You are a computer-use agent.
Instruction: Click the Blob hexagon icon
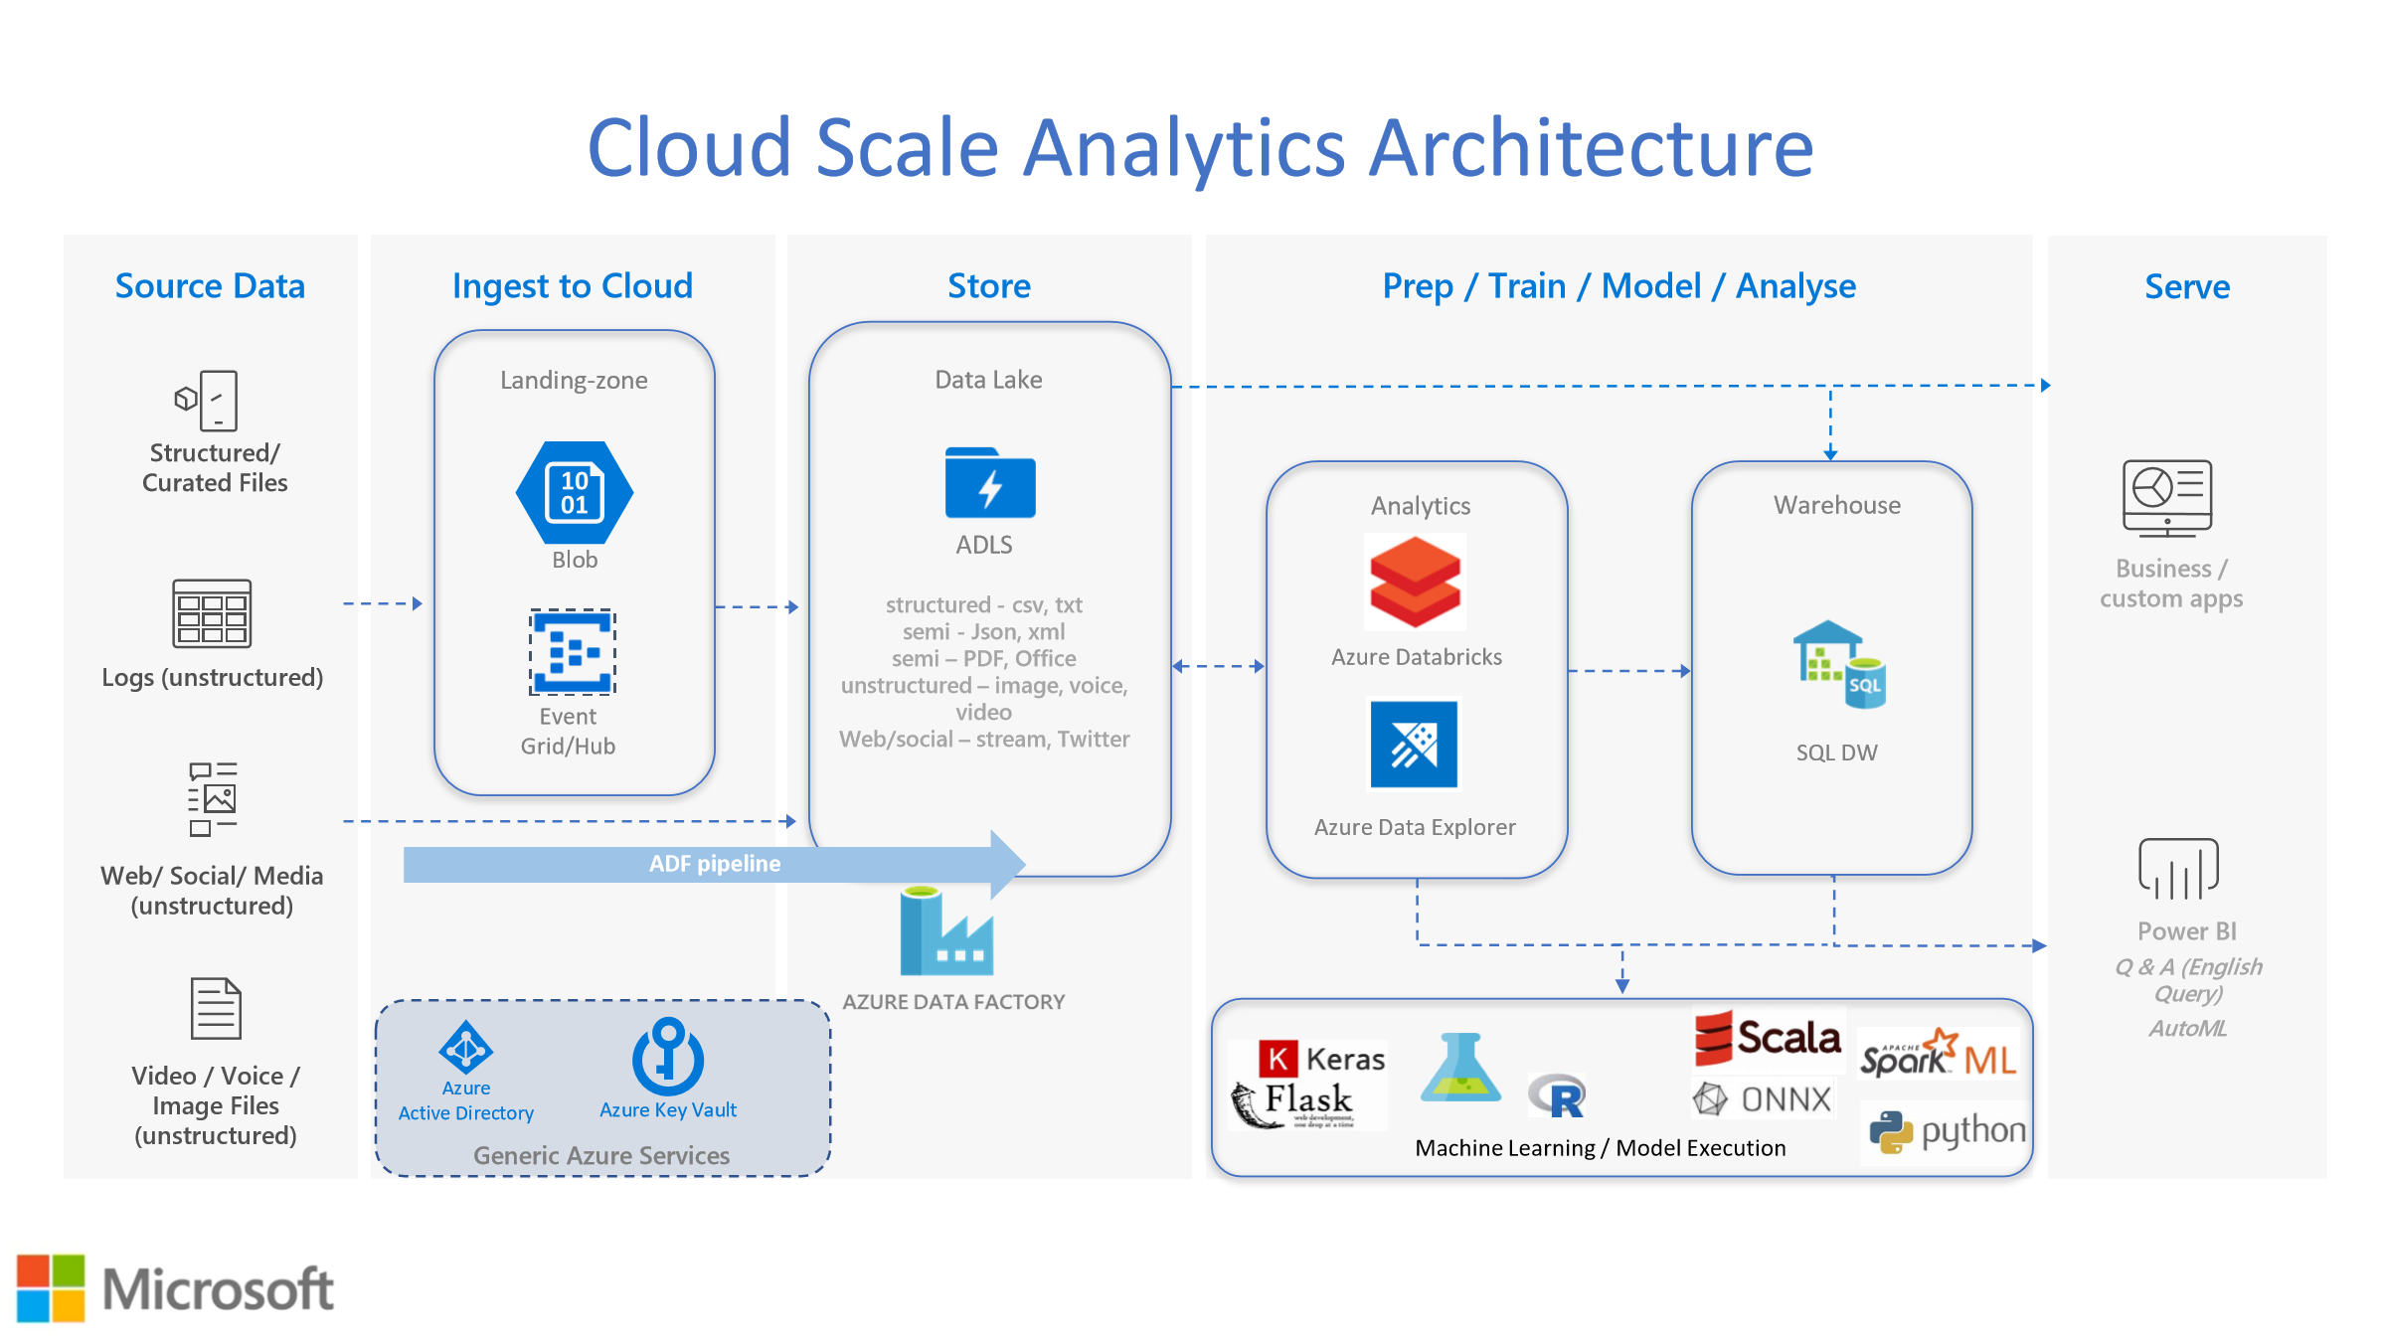(575, 492)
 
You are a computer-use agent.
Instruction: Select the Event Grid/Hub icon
(573, 652)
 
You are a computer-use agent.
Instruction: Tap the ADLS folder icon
(990, 483)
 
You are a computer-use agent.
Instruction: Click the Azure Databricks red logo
(1415, 583)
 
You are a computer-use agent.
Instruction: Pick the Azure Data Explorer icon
(1414, 745)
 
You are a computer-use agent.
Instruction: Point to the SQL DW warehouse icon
(1838, 665)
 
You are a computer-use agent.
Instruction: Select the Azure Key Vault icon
(668, 1056)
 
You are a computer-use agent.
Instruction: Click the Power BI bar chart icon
(2178, 869)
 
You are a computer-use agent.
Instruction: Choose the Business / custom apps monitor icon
(2167, 498)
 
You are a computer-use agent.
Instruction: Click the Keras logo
(1322, 1059)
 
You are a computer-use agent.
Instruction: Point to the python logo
(1948, 1131)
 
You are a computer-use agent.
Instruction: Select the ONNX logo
(1762, 1098)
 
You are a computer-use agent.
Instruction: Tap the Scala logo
(1768, 1038)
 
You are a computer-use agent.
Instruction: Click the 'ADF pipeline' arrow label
(715, 864)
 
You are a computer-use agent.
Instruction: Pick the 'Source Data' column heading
(210, 286)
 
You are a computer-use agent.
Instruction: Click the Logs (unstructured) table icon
(212, 613)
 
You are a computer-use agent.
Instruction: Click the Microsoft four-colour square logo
(51, 1288)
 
